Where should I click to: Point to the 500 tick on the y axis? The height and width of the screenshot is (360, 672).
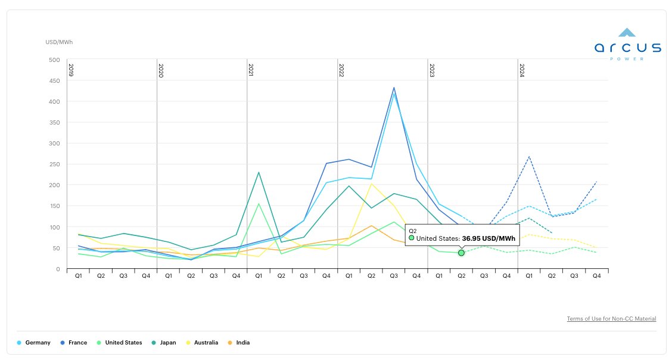pyautogui.click(x=55, y=60)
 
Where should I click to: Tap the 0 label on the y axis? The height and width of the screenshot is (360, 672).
pyautogui.click(x=58, y=269)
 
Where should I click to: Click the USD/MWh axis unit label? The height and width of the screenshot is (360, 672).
pyautogui.click(x=59, y=42)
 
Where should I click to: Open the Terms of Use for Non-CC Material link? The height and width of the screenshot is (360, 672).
pyautogui.click(x=611, y=319)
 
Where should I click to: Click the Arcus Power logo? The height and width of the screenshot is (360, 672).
pyautogui.click(x=627, y=44)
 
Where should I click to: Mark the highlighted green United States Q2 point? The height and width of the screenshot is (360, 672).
pyautogui.click(x=461, y=253)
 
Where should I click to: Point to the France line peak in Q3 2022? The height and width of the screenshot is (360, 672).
pyautogui.click(x=394, y=88)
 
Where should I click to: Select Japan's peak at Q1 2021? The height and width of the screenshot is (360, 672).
pyautogui.click(x=259, y=172)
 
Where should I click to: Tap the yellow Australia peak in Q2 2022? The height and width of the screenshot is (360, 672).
pyautogui.click(x=371, y=184)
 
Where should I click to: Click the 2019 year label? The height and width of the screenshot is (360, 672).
pyautogui.click(x=71, y=70)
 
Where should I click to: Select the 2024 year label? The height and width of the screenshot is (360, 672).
pyautogui.click(x=522, y=70)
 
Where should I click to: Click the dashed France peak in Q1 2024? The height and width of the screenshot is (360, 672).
pyautogui.click(x=529, y=157)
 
